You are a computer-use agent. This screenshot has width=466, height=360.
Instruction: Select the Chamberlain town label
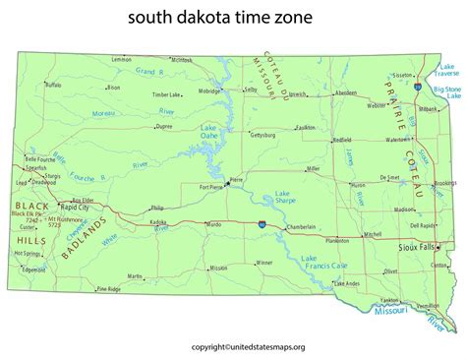pyautogui.click(x=301, y=227)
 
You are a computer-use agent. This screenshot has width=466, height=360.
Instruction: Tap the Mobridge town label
pyautogui.click(x=210, y=90)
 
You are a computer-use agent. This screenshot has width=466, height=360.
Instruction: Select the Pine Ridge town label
pyautogui.click(x=108, y=289)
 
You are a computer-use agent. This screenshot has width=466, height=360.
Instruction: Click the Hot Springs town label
pyautogui.click(x=28, y=254)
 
